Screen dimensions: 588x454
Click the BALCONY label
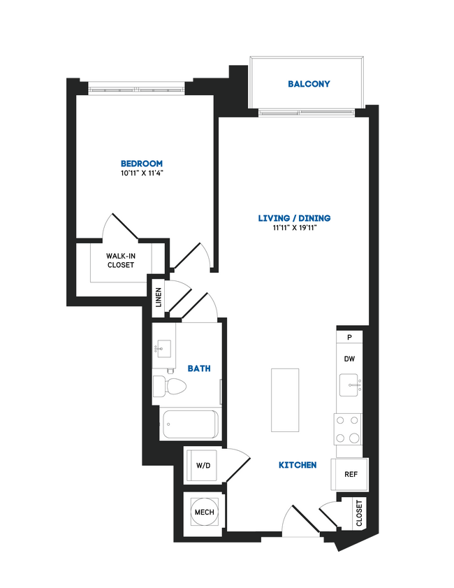pyautogui.click(x=309, y=84)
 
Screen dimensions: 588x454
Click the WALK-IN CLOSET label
pyautogui.click(x=120, y=261)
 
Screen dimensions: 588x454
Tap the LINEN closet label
pyautogui.click(x=159, y=296)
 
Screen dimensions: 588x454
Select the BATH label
pyautogui.click(x=199, y=368)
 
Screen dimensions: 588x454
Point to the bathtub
pyautogui.click(x=189, y=424)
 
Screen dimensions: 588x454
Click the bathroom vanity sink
pyautogui.click(x=163, y=347)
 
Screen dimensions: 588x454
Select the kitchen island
pyautogui.click(x=285, y=401)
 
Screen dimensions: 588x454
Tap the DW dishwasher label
pyautogui.click(x=349, y=359)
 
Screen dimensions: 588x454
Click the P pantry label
pyautogui.click(x=349, y=336)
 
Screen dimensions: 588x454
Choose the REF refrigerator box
pyautogui.click(x=351, y=474)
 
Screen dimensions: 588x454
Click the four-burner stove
pyautogui.click(x=348, y=429)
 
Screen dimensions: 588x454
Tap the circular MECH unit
pyautogui.click(x=204, y=512)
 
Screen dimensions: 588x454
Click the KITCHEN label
pyautogui.click(x=298, y=465)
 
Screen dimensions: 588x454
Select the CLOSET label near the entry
pyautogui.click(x=359, y=512)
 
